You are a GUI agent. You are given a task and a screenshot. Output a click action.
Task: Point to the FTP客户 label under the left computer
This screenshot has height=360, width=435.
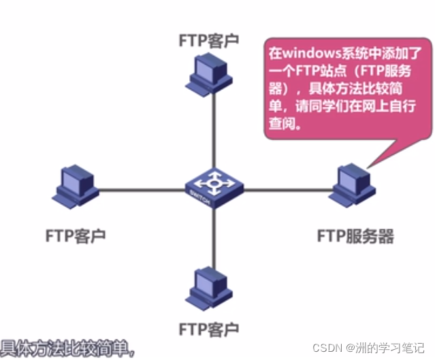click(76, 236)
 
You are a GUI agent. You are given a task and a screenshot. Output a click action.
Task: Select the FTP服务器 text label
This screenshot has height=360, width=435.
click(355, 236)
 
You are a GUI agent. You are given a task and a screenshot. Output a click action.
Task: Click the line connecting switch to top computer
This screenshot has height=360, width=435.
click(214, 133)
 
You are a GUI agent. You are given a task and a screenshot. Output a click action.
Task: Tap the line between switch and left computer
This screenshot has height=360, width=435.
click(143, 190)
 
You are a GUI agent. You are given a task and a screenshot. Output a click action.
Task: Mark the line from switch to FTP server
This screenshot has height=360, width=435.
click(286, 190)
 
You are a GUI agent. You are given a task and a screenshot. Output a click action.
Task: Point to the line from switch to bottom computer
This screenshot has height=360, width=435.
click(214, 238)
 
